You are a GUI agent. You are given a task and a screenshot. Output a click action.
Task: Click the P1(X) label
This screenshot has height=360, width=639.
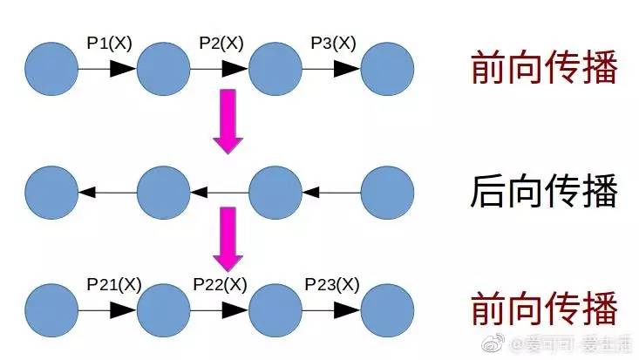point(109,43)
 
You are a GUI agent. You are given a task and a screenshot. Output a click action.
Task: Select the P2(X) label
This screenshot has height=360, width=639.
point(221,43)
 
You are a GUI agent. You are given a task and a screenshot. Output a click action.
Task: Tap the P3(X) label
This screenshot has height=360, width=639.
point(332,43)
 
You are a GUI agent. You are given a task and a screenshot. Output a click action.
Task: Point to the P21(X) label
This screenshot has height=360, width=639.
point(113,284)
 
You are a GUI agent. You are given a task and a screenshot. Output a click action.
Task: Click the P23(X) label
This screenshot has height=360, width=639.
point(331,284)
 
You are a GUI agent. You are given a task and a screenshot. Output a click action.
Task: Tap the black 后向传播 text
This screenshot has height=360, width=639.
point(544,191)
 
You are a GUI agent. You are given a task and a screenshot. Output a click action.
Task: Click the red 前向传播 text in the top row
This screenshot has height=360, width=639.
point(544,68)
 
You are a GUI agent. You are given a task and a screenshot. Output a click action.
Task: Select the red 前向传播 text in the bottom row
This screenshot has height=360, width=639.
point(544,309)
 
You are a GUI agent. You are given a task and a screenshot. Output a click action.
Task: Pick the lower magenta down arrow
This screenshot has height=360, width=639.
point(228,238)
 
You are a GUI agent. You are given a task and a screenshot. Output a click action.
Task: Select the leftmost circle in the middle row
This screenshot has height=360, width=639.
point(51,190)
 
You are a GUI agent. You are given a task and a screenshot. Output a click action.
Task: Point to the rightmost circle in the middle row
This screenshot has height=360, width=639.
point(387,190)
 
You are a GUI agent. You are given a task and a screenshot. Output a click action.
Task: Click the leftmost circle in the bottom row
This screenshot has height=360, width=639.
point(51,309)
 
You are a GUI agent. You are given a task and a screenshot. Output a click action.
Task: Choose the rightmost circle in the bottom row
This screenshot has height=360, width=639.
point(387,309)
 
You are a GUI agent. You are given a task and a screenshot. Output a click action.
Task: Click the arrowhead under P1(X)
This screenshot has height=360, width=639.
point(122,69)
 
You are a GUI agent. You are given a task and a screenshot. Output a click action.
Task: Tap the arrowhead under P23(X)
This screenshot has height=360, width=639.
point(346,309)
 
